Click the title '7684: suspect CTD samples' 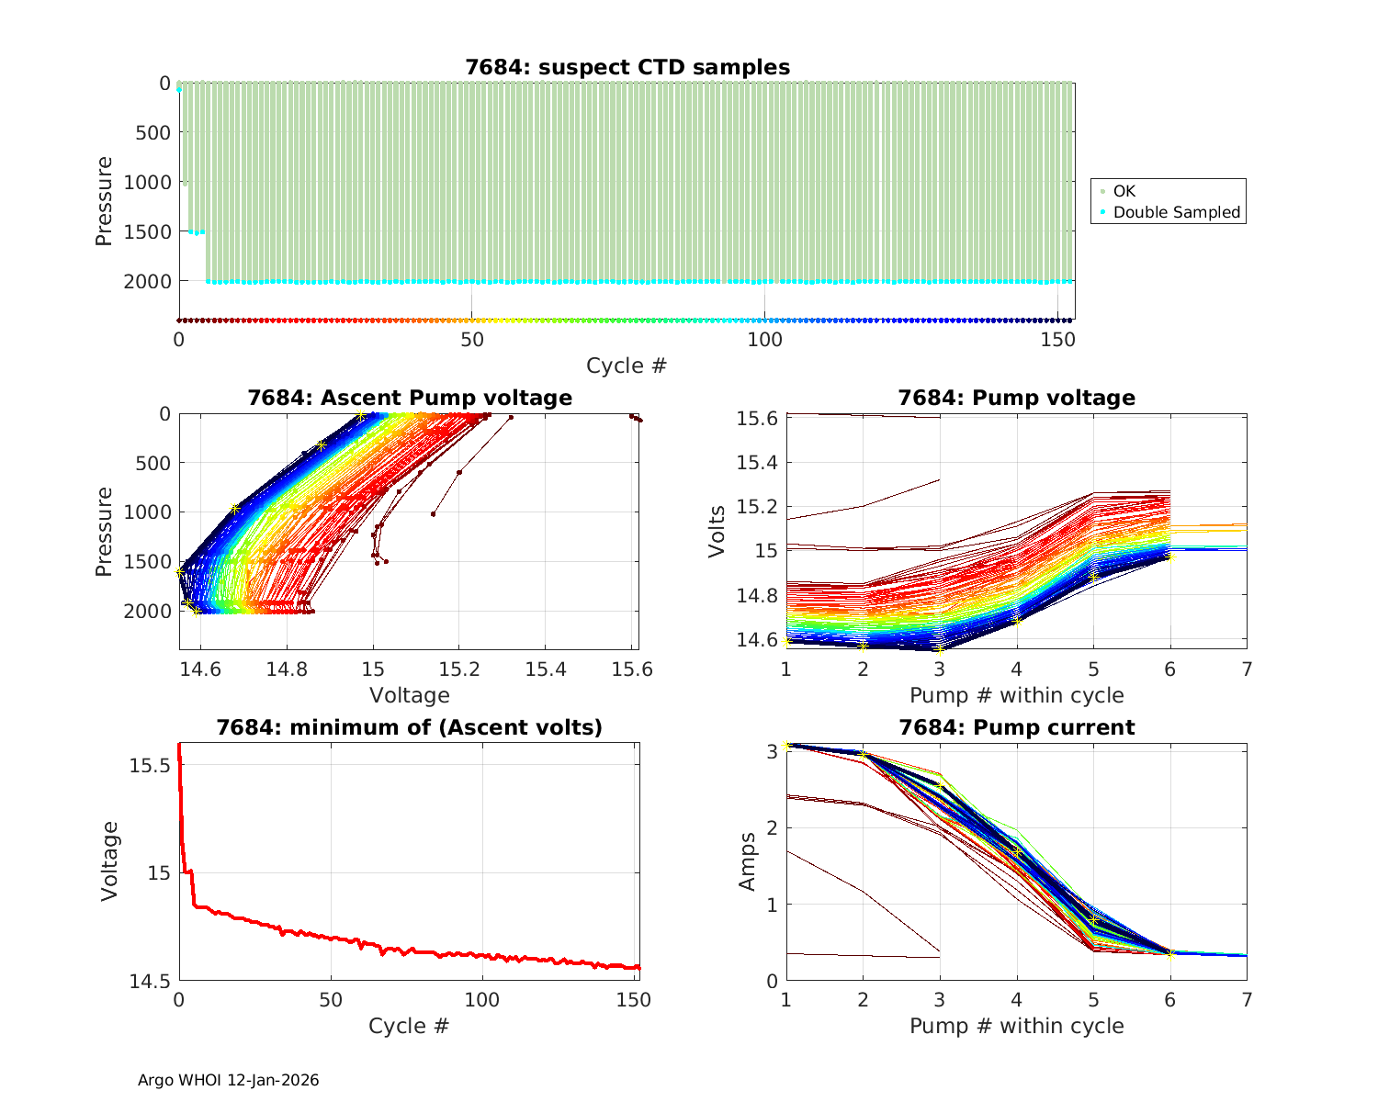tap(627, 67)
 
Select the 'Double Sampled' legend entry tap(1176, 212)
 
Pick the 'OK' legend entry tap(1124, 191)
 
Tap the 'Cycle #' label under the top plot tap(627, 365)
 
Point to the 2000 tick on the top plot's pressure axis tap(147, 281)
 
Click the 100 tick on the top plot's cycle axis tap(764, 339)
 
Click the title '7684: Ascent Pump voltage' tap(410, 398)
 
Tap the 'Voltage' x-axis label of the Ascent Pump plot tap(410, 695)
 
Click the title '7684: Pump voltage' tap(1016, 398)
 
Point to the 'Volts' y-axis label tap(717, 531)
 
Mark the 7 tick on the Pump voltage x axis tap(1247, 669)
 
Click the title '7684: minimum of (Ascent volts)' tap(410, 727)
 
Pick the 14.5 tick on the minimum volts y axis tap(150, 982)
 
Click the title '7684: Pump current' tap(1016, 727)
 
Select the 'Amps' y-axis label tap(748, 861)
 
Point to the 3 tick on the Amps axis tap(771, 751)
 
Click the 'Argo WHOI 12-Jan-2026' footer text tap(229, 1080)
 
